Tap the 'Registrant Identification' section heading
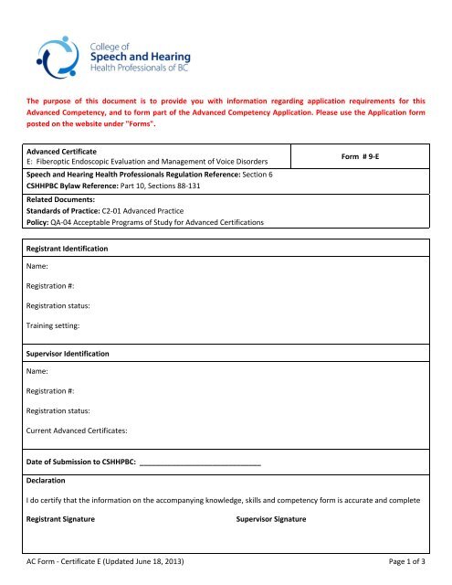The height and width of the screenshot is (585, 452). tap(68, 248)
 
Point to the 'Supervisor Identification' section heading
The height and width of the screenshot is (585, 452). tap(67, 352)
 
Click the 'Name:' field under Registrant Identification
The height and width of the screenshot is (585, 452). tap(39, 267)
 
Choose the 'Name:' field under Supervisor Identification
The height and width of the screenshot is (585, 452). tap(39, 371)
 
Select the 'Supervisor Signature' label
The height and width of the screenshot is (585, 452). tap(271, 519)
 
